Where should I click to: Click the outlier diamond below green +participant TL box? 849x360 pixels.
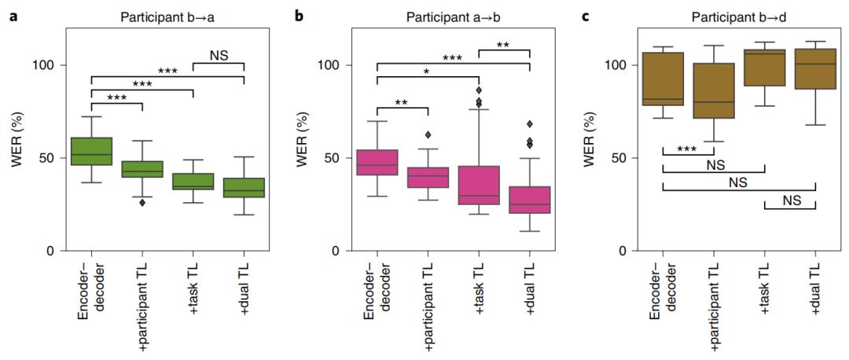click(142, 203)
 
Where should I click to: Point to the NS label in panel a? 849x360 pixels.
click(219, 55)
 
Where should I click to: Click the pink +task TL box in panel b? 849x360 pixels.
click(479, 186)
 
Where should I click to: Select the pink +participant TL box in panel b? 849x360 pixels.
click(428, 177)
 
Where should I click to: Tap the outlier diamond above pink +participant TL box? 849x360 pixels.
click(428, 135)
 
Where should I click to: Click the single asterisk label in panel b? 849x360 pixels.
click(426, 72)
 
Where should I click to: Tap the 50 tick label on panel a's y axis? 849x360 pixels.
click(50, 158)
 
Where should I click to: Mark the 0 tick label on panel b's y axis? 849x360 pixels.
click(340, 251)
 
